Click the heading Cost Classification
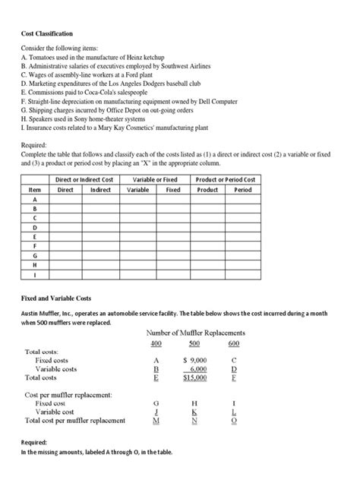coord(47,34)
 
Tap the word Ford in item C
coord(135,75)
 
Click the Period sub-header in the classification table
coord(243,189)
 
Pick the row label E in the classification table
coord(33,235)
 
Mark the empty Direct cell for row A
coord(65,201)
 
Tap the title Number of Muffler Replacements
coord(198,332)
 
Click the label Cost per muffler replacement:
coord(69,395)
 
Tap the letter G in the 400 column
coord(155,403)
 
